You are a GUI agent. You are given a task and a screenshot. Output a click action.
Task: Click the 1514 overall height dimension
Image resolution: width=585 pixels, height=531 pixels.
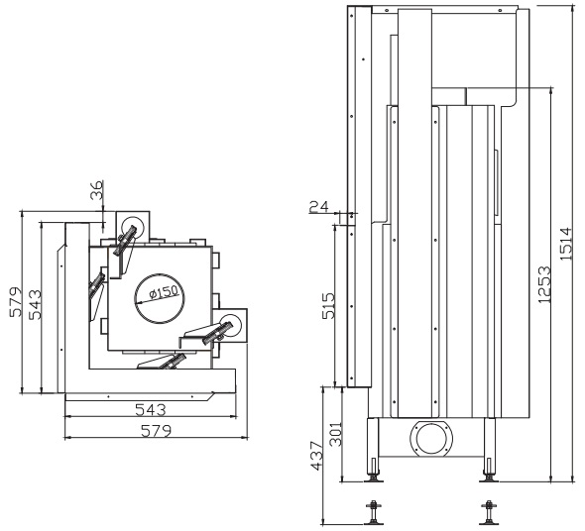pos(566,244)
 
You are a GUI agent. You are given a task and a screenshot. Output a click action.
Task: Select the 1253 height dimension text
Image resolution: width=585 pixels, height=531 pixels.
pos(544,284)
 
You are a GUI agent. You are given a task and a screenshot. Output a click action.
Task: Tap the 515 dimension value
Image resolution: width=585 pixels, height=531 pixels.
pos(328,306)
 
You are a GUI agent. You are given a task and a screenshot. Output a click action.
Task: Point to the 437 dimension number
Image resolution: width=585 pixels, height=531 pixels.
pos(316,456)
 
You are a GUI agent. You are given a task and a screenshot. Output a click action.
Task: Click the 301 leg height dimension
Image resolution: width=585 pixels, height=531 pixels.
pos(336,434)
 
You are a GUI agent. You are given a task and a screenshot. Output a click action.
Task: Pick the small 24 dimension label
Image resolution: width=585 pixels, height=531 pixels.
pos(319,206)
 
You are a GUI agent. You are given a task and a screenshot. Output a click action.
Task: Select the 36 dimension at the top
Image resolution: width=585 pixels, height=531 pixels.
pos(96,190)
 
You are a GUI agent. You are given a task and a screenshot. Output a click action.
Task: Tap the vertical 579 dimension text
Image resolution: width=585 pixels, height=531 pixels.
pos(16,302)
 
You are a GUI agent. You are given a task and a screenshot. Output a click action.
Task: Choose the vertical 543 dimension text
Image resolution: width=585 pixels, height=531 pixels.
pos(36,304)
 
